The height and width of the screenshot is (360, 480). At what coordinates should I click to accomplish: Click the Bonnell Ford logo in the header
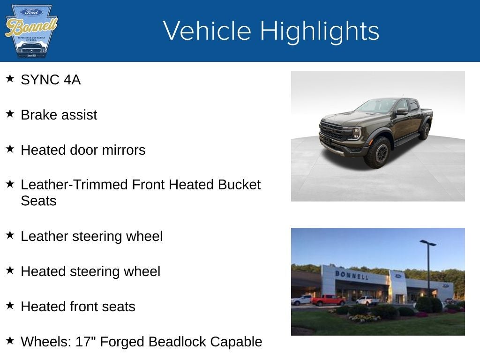[x=31, y=31]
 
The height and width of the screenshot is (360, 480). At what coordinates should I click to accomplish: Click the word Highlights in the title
[x=319, y=31]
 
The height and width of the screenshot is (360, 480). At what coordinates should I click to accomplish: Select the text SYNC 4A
[x=51, y=80]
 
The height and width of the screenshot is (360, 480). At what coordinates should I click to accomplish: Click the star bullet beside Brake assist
[x=10, y=114]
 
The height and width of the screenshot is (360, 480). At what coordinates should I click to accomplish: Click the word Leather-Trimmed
[x=74, y=185]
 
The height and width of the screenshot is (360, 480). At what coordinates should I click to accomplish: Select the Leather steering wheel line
[x=91, y=236]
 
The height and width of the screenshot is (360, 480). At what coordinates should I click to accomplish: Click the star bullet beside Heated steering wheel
[x=10, y=270]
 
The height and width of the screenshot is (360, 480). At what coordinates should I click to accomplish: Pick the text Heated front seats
[x=78, y=307]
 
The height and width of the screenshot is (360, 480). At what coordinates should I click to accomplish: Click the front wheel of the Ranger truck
[x=378, y=152]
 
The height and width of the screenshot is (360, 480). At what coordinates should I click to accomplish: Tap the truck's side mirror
[x=401, y=111]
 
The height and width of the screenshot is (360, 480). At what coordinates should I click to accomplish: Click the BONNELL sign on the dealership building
[x=351, y=275]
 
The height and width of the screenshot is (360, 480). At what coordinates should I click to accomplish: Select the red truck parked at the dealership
[x=328, y=300]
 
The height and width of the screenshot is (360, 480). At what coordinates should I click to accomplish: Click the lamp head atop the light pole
[x=427, y=243]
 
